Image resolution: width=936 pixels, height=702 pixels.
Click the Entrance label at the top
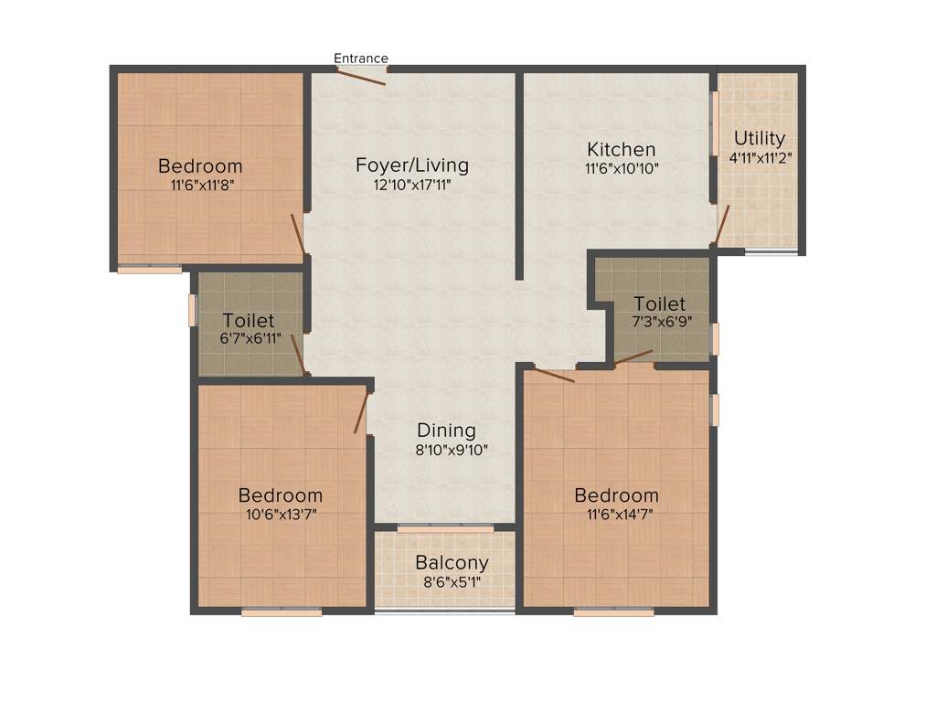[360, 58]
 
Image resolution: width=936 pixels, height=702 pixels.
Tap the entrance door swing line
[362, 76]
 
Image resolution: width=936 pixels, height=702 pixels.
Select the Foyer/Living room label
[411, 165]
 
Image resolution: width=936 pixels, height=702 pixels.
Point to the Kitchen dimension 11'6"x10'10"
[622, 168]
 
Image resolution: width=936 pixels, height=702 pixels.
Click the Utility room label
[760, 138]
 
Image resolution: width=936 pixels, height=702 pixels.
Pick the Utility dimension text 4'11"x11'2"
[760, 157]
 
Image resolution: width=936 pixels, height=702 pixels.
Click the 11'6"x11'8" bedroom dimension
[200, 185]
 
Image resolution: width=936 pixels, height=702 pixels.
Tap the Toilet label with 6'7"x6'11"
[249, 321]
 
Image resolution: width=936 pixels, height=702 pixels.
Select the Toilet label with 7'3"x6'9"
[659, 303]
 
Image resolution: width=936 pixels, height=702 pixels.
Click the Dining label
[446, 430]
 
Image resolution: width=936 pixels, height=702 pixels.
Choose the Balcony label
[452, 562]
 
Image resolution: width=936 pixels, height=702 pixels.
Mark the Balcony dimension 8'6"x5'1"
[452, 581]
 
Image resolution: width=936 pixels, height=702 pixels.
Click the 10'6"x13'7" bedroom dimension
[280, 514]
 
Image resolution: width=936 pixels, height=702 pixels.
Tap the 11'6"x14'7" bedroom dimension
[616, 514]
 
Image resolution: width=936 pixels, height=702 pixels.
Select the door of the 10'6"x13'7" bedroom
[361, 412]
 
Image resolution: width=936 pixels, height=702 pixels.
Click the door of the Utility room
[722, 226]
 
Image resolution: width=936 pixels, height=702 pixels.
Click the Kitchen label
[622, 149]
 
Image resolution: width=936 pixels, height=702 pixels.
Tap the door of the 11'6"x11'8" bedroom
[298, 234]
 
